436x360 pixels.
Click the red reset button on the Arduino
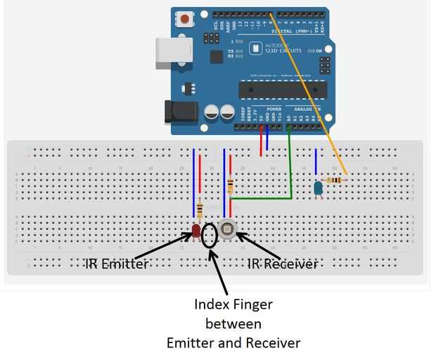click(x=185, y=18)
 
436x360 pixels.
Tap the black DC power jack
click(x=177, y=112)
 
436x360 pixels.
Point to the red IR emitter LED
click(x=196, y=229)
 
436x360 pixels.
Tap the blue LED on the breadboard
click(x=318, y=187)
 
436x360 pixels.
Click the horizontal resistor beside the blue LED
click(x=336, y=180)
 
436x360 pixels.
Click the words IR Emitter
click(x=117, y=264)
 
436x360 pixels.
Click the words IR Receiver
click(x=282, y=264)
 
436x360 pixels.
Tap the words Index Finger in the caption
click(x=233, y=305)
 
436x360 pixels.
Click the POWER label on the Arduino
click(x=274, y=110)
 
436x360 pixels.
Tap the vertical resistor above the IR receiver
click(x=231, y=185)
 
